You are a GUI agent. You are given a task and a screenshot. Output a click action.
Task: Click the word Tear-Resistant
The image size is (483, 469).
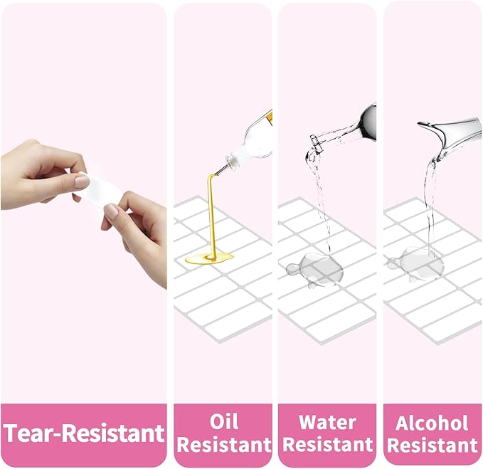pos(84,433)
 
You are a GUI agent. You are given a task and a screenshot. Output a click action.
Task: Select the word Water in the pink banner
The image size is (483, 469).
pos(327,422)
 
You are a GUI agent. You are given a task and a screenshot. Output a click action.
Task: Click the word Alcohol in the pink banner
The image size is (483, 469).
pos(432,423)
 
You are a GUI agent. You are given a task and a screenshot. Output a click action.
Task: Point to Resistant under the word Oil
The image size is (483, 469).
pos(224,445)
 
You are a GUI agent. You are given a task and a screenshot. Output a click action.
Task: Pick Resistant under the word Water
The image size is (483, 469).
pos(328,445)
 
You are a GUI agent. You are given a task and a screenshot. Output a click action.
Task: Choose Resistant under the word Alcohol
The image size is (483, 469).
pos(432,446)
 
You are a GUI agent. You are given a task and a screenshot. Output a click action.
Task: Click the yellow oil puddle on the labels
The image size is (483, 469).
pos(209,258)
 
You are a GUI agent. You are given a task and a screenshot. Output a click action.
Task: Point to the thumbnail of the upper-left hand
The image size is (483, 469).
pos(83,181)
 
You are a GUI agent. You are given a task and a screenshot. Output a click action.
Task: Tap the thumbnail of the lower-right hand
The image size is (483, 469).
pos(111,211)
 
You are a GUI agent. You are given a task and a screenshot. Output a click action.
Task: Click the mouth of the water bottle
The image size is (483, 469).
pos(315,143)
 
